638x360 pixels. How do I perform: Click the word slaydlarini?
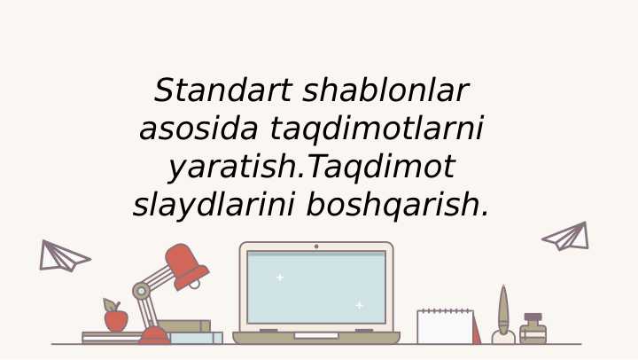(214, 205)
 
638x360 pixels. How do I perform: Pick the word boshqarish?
(398, 205)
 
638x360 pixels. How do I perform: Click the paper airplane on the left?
(62, 255)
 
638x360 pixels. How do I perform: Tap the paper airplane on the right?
(567, 237)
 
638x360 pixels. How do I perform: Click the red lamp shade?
(187, 265)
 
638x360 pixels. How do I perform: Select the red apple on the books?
(116, 319)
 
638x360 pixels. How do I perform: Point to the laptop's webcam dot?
(316, 246)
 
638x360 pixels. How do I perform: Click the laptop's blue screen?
(316, 288)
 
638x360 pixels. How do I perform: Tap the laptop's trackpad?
(316, 335)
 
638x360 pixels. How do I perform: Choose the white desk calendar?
(445, 327)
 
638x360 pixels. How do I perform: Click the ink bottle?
(533, 331)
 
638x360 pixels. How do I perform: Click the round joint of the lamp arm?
(141, 290)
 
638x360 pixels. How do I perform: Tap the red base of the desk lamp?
(154, 336)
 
